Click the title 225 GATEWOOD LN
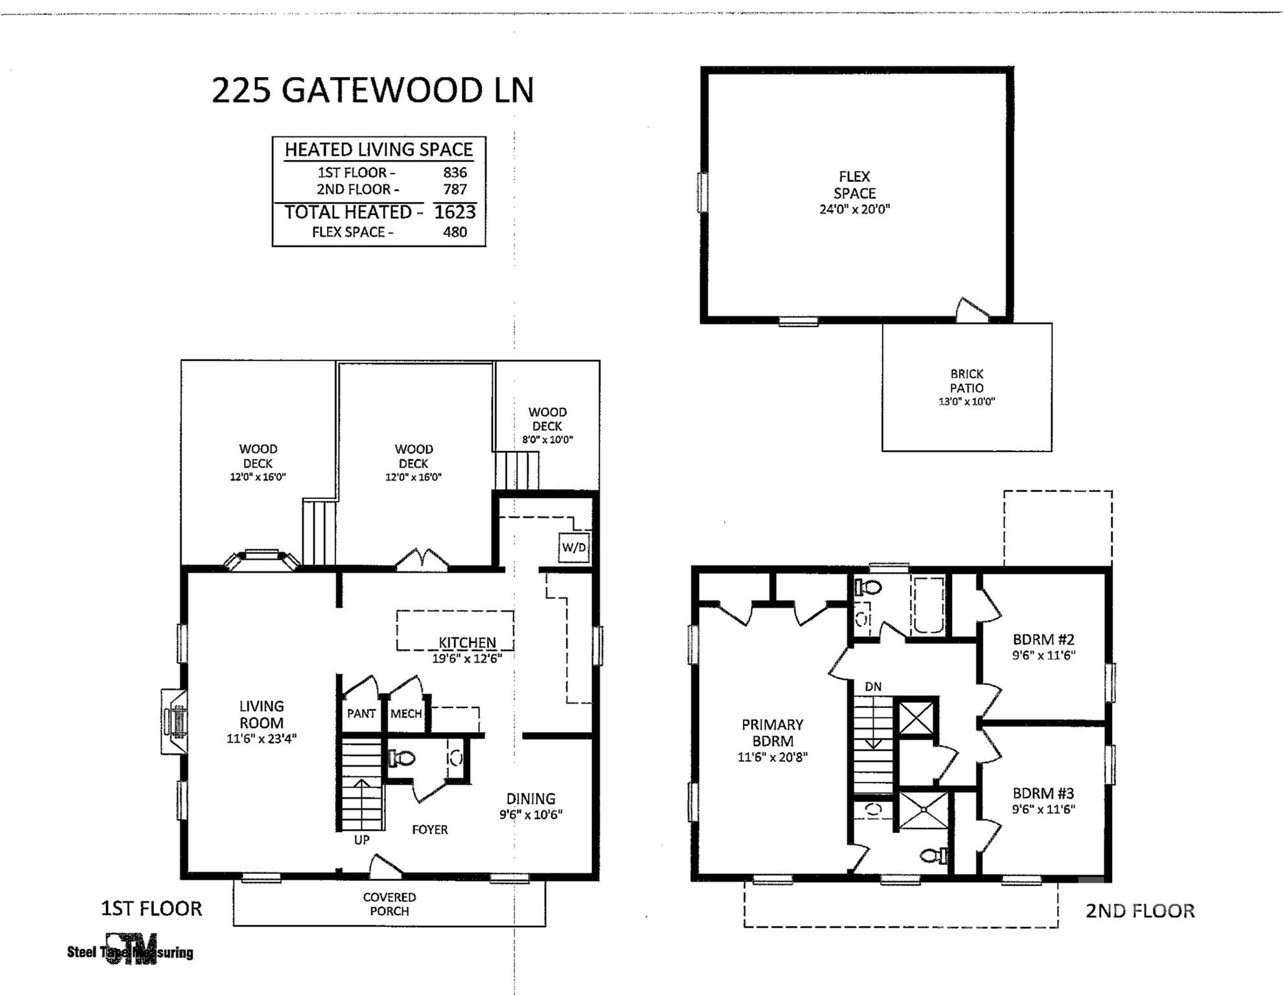tap(373, 90)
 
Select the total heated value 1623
tap(455, 212)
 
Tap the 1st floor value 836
tap(455, 172)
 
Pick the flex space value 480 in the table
tap(455, 232)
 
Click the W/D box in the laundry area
tap(574, 547)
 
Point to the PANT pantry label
tap(361, 713)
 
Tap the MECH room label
tap(406, 713)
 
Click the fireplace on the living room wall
tap(175, 721)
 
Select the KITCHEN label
tap(468, 643)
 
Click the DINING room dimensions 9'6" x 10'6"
tap(530, 814)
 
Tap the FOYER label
tap(430, 829)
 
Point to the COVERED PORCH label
tap(389, 904)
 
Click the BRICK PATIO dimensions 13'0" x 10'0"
tap(966, 401)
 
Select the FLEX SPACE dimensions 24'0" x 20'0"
tap(855, 209)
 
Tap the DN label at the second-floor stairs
tap(873, 686)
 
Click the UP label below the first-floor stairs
tap(361, 840)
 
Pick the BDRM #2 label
tap(1043, 639)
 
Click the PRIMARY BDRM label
tap(772, 733)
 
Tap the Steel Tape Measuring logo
tap(130, 950)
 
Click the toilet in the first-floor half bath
tap(402, 758)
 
